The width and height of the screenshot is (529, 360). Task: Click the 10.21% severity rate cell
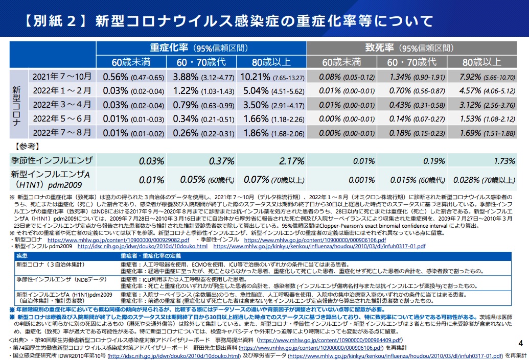(272, 77)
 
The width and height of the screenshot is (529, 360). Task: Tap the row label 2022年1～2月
(62, 91)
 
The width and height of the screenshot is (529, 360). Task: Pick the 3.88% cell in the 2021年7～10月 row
(201, 77)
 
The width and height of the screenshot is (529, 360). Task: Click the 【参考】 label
(25, 146)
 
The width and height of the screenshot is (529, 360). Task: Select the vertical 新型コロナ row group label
(17, 105)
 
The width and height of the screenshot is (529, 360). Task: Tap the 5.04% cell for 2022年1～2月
(272, 91)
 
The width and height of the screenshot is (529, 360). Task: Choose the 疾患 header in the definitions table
(22, 255)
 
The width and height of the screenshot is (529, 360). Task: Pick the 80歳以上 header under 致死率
(481, 62)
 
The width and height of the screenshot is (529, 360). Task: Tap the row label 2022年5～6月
(62, 119)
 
